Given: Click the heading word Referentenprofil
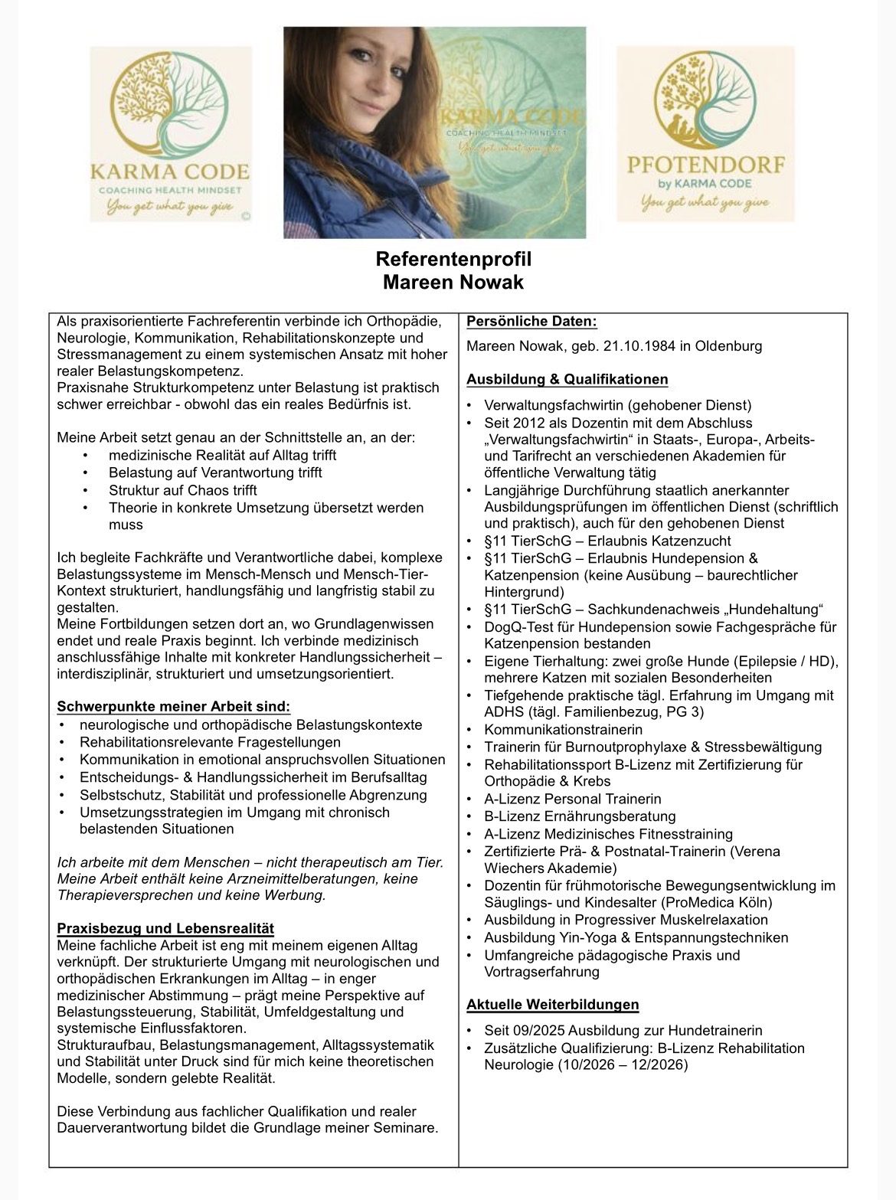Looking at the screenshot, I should pos(453,260).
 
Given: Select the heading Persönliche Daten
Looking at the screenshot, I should pos(531,322).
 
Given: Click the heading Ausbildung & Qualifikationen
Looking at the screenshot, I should pos(567,380).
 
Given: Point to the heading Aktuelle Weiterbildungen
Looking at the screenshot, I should pos(552,1005).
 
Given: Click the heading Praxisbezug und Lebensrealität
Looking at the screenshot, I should pos(165,929).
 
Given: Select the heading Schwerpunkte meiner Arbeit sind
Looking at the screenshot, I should pos(174,706).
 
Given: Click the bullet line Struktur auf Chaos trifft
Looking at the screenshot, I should pos(182,490).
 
